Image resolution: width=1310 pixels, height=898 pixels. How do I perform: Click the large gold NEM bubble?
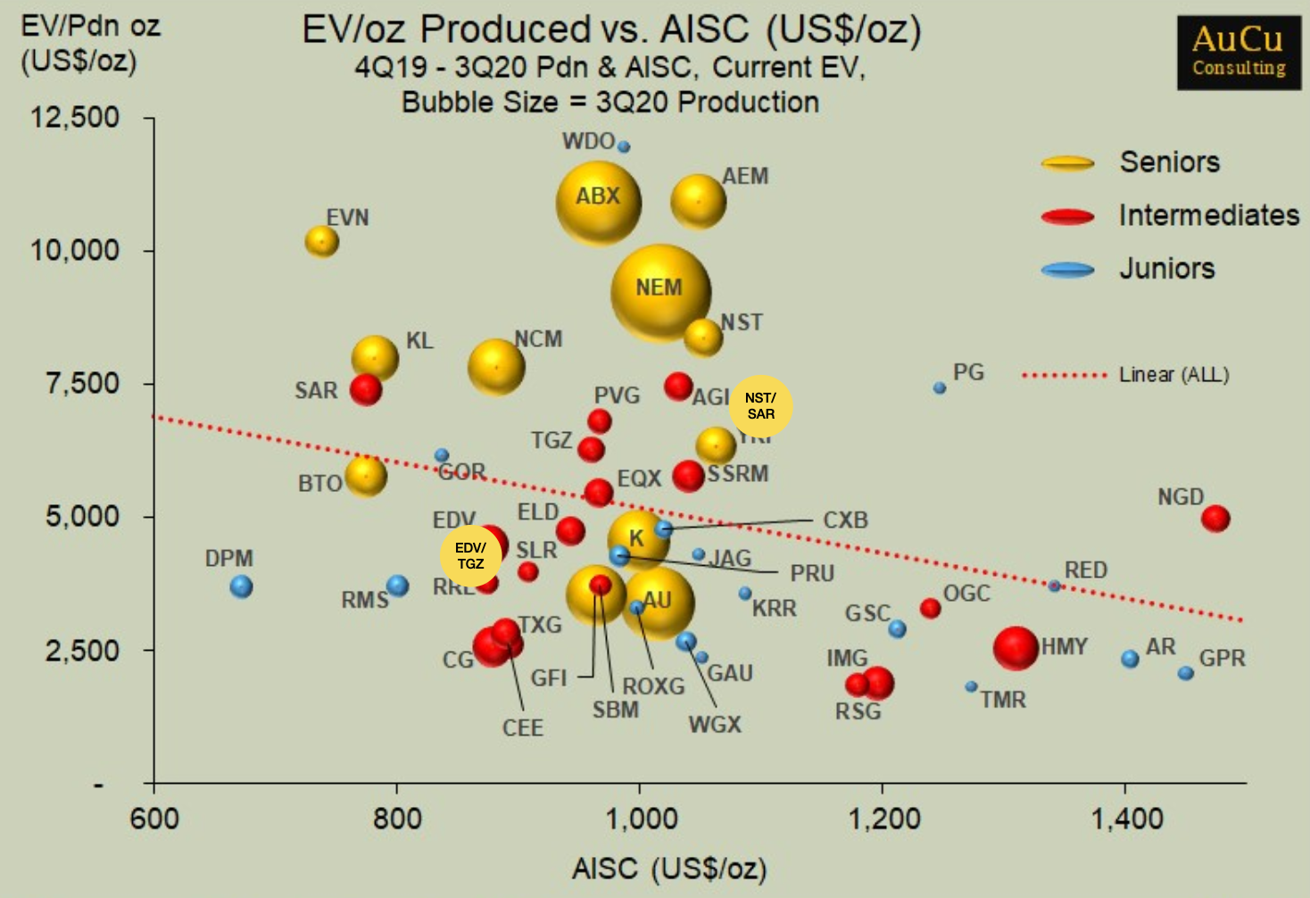(660, 293)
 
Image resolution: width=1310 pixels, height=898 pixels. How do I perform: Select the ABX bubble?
(598, 202)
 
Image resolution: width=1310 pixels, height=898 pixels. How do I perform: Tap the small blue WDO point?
(624, 146)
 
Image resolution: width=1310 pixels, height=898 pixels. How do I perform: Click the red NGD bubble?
(1215, 518)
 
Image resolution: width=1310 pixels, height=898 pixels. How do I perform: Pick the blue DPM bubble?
(241, 586)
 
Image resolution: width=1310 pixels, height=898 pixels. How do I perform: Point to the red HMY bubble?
(1016, 648)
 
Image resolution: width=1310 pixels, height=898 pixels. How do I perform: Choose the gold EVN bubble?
(321, 241)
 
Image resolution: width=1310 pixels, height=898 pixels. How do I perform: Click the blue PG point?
(940, 388)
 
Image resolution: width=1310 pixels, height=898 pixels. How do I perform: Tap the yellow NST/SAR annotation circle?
(760, 406)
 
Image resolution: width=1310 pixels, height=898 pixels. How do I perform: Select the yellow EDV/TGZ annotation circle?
(470, 555)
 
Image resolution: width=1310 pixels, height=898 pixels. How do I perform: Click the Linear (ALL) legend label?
(1173, 375)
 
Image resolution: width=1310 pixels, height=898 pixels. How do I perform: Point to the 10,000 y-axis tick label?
(75, 250)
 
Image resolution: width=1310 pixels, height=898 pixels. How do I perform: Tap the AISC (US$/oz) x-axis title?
(669, 869)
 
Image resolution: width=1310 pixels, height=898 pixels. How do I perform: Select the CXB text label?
(845, 520)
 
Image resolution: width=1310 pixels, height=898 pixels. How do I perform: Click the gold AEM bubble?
(698, 202)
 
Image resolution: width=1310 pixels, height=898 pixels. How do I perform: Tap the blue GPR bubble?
(1185, 673)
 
